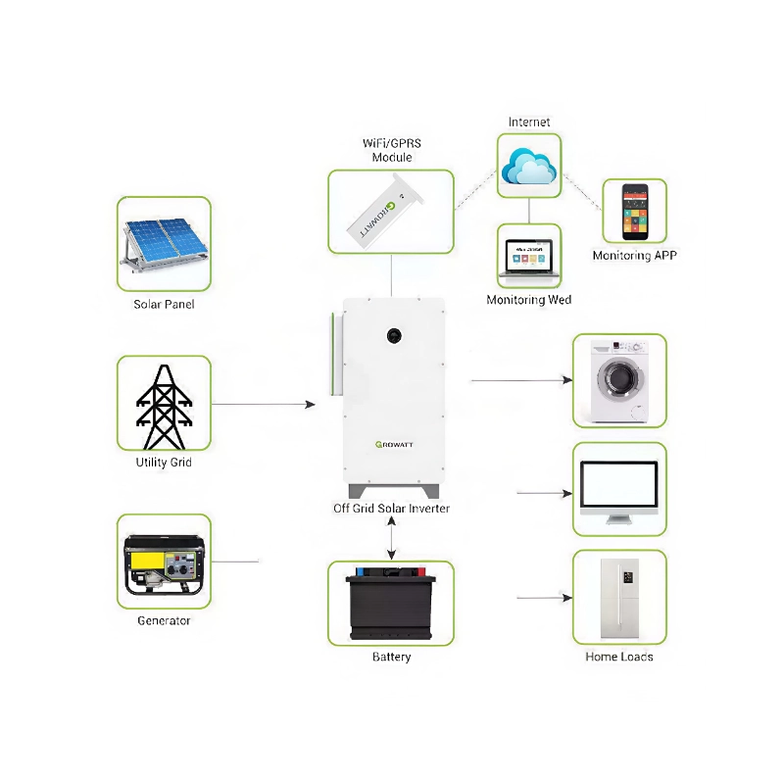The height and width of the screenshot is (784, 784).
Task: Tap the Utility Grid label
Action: pyautogui.click(x=164, y=462)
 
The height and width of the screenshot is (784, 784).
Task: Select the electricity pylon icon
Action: pyautogui.click(x=164, y=404)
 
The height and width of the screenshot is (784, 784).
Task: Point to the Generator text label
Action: pyautogui.click(x=164, y=620)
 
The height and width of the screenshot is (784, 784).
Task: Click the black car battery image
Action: pyautogui.click(x=391, y=604)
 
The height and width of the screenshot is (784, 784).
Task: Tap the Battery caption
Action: pyautogui.click(x=391, y=657)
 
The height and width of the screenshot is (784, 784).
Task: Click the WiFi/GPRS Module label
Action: pyautogui.click(x=391, y=150)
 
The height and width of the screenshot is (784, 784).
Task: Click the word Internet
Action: pyautogui.click(x=529, y=122)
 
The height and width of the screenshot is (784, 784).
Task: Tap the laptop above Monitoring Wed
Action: pyautogui.click(x=529, y=258)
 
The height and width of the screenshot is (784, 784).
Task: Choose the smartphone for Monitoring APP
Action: pyautogui.click(x=634, y=211)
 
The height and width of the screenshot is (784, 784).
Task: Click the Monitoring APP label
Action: pyautogui.click(x=634, y=256)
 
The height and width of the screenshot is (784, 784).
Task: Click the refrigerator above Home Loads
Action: pyautogui.click(x=619, y=598)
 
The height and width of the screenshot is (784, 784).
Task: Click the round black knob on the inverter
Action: pyautogui.click(x=393, y=334)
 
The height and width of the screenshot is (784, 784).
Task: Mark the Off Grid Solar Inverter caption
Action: pyautogui.click(x=391, y=509)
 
